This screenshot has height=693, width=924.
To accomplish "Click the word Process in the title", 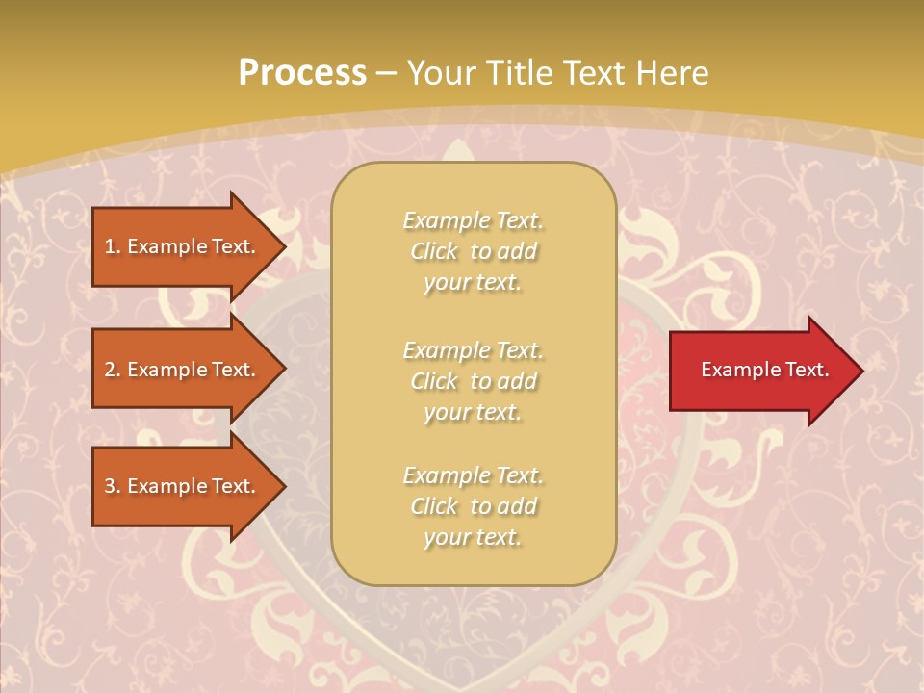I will coord(302,72).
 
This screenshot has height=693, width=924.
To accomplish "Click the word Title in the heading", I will coord(516,72).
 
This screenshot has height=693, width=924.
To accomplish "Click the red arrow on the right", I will coord(760,370).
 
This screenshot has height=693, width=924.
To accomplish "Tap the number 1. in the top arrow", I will coord(113,246).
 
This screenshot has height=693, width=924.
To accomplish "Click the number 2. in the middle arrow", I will coord(113,370).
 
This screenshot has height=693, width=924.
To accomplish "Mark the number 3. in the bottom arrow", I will coord(113,486).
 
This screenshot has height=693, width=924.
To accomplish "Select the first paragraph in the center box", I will coord(473,251).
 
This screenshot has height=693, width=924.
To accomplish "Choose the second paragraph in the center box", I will coord(473,380).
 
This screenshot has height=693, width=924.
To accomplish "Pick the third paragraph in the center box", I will coord(473,505).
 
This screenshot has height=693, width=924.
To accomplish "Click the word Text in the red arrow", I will coord(807,370).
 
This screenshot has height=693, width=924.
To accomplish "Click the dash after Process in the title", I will coord(386,72).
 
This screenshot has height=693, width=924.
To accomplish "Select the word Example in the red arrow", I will coord(738,370).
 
